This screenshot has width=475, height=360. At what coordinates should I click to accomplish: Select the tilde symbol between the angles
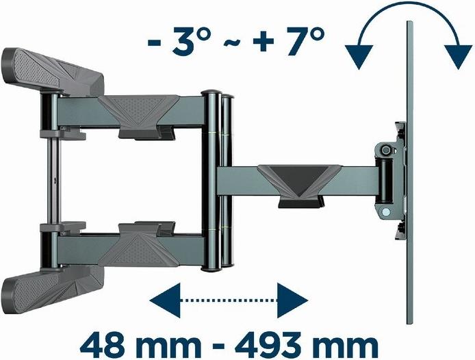click(232, 44)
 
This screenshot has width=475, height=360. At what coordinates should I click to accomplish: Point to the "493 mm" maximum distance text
click(307, 345)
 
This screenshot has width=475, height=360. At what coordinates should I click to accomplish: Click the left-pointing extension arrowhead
click(165, 300)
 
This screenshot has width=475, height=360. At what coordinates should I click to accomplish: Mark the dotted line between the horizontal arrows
click(229, 300)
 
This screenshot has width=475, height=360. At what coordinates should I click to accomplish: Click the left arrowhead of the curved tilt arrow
click(359, 56)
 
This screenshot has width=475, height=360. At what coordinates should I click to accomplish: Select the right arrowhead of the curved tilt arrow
click(458, 56)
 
